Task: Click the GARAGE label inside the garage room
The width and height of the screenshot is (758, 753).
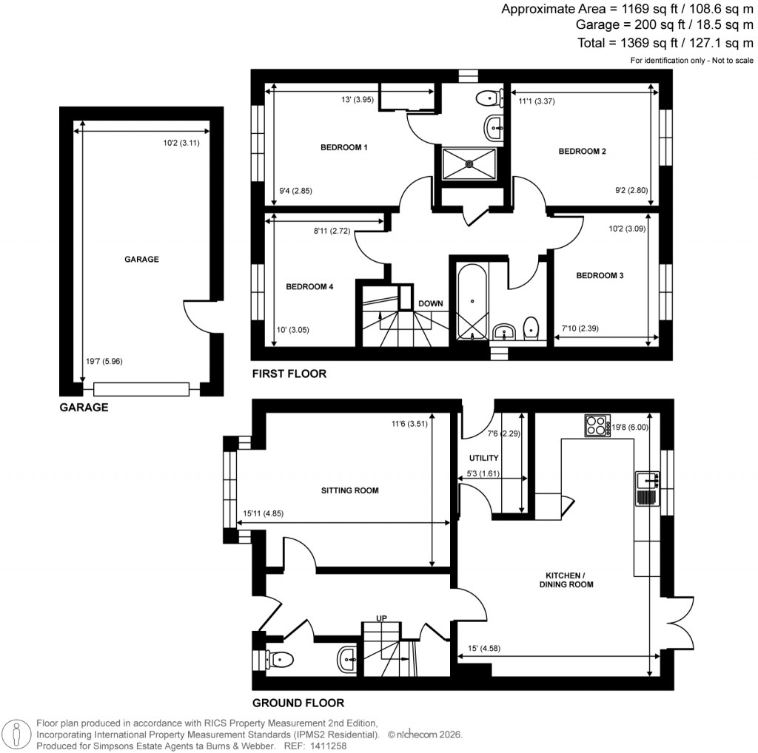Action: pyautogui.click(x=141, y=260)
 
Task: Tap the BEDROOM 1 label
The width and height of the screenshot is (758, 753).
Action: pyautogui.click(x=343, y=148)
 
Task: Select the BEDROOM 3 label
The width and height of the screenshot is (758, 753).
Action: pyautogui.click(x=600, y=276)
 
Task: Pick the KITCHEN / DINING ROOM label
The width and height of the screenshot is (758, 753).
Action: pyautogui.click(x=570, y=580)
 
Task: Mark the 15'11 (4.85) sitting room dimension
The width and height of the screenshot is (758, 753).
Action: pyautogui.click(x=263, y=513)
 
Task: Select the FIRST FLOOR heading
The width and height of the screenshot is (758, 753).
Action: pyautogui.click(x=289, y=374)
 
